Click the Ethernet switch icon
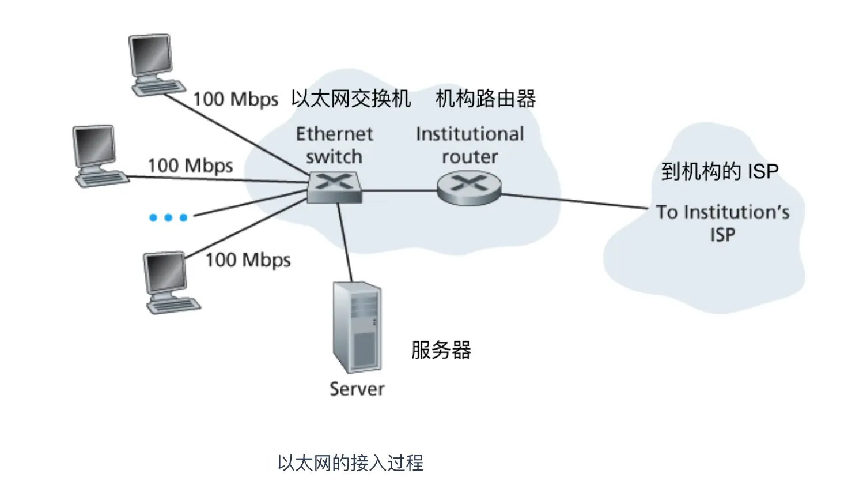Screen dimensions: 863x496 pos(334,187)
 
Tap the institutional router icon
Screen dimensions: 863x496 pos(470,188)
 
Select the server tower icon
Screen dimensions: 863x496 pos(357,328)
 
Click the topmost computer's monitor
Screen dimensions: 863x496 pos(150,55)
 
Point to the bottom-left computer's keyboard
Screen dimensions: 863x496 pos(174,305)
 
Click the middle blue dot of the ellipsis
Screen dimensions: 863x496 pos(168,218)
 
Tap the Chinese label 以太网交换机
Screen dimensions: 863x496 pos(351,99)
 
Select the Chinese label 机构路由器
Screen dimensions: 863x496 pos(486,99)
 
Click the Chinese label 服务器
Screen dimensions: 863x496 pos(441,350)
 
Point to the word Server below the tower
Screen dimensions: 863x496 pos(357,389)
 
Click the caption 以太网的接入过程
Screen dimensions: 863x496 pos(350,463)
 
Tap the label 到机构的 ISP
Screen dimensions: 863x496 pos(720,171)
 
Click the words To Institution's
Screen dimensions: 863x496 pos(723,212)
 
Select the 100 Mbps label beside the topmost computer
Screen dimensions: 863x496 pos(236,100)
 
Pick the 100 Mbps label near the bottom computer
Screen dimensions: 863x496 pos(248,260)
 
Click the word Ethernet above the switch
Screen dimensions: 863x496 pos(334,134)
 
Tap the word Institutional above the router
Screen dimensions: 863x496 pos(470,134)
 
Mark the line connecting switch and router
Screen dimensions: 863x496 pos(399,190)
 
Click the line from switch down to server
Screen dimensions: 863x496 pos(345,242)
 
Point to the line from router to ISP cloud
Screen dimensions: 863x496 pos(574,201)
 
